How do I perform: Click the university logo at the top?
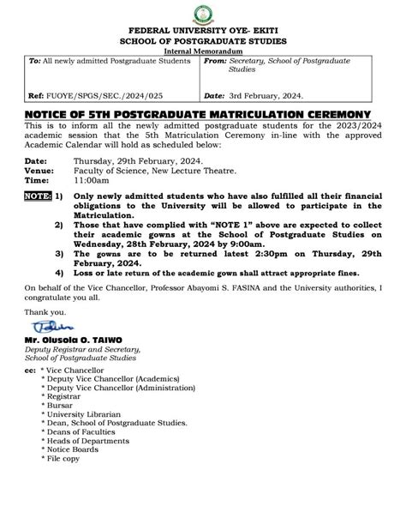click(x=203, y=14)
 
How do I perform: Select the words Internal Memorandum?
click(x=203, y=51)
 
